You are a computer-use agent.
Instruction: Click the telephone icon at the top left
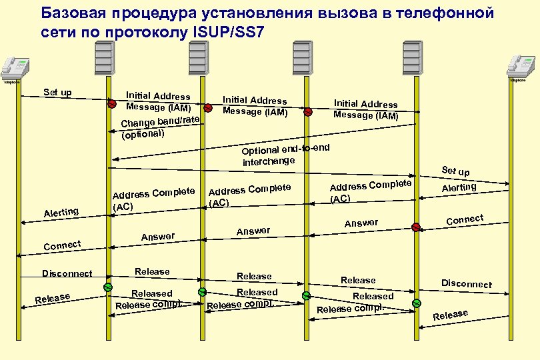point(15,66)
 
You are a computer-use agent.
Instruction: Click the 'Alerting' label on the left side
point(61,212)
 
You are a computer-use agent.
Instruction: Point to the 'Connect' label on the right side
point(464,219)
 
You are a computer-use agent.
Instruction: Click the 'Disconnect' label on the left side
point(67,273)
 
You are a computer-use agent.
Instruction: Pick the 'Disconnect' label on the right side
point(466,283)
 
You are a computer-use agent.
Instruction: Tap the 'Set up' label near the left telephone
point(57,92)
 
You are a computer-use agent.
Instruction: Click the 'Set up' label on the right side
point(455,171)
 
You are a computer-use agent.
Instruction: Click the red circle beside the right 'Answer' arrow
point(416,227)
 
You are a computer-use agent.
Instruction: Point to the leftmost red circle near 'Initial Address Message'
point(113,104)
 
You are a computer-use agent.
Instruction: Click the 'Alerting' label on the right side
point(459,187)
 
